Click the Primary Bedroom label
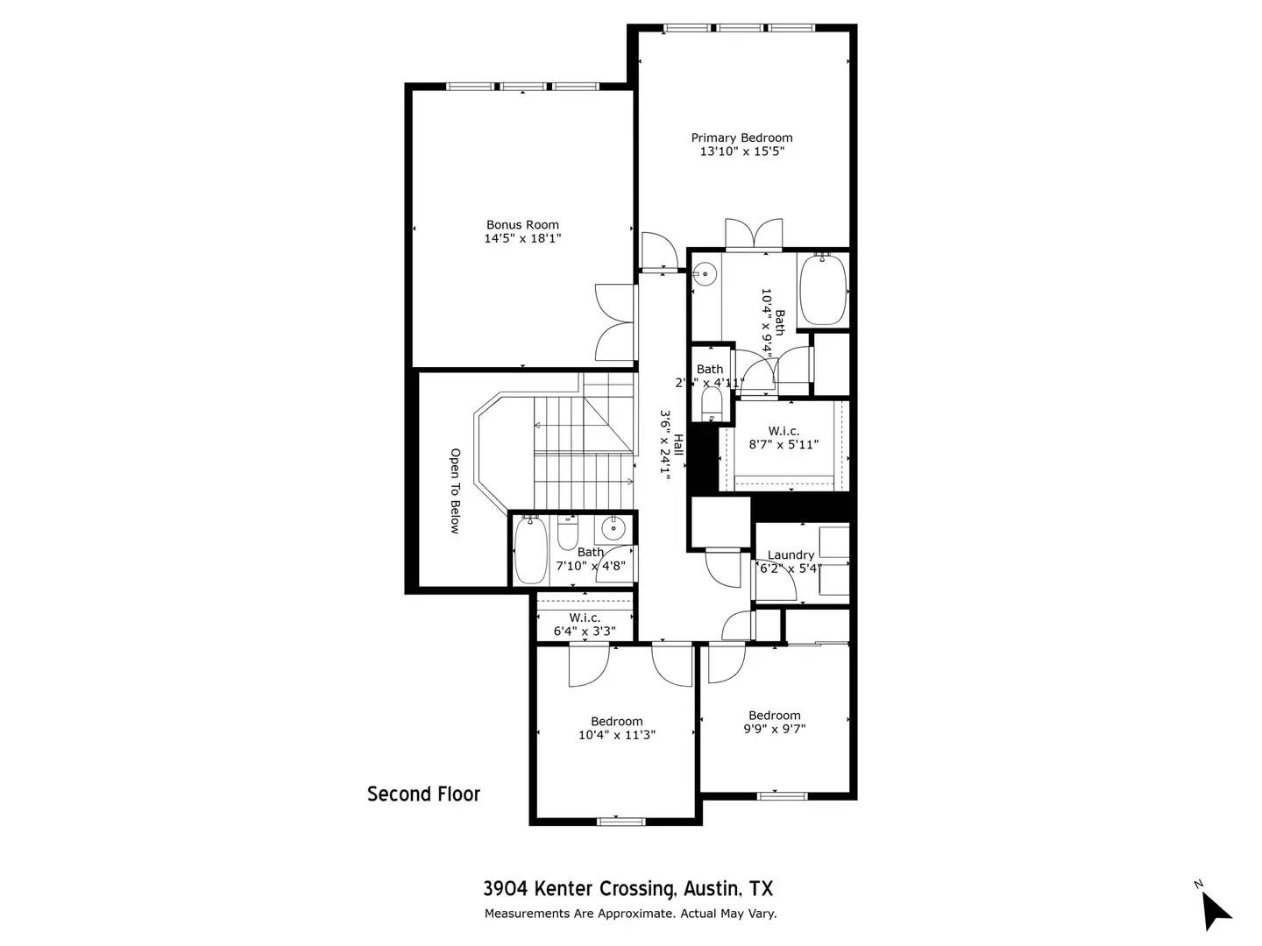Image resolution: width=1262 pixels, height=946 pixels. [x=741, y=138]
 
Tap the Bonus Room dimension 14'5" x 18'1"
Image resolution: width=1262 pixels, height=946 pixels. [x=522, y=238]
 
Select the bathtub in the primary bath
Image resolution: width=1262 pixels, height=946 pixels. [x=823, y=289]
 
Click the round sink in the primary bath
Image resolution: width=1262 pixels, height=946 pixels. [x=704, y=274]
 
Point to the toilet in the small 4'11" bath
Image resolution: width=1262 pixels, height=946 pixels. [x=711, y=405]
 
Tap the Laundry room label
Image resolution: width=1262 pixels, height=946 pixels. [x=791, y=554]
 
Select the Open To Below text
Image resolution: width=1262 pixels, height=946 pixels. [x=455, y=491]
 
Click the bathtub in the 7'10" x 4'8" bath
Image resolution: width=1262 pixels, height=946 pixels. [x=529, y=550]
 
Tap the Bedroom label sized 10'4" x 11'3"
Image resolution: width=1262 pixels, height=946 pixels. [x=616, y=721]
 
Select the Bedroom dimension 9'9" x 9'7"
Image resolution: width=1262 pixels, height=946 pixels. [x=775, y=728]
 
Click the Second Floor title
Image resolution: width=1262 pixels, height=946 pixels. [x=423, y=794]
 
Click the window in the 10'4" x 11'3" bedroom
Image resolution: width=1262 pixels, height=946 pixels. [x=620, y=821]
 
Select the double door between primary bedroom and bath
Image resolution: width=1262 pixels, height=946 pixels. [x=753, y=235]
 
